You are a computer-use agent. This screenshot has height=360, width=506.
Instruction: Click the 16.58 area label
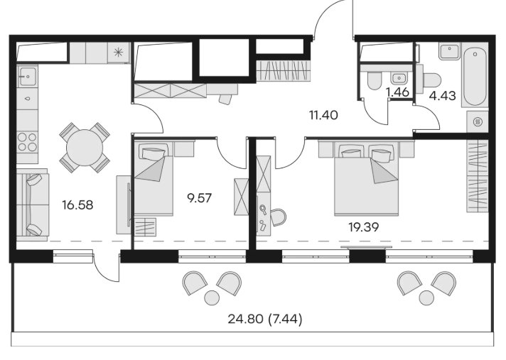[x=77, y=205]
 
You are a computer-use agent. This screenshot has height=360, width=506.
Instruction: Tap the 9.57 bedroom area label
[x=200, y=198]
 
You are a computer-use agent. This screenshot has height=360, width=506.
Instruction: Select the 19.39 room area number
[x=363, y=227]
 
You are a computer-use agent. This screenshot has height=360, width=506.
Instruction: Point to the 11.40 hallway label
[x=323, y=115]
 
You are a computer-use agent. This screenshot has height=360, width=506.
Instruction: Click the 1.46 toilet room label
[x=397, y=92]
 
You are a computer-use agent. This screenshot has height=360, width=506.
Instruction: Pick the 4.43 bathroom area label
[x=443, y=96]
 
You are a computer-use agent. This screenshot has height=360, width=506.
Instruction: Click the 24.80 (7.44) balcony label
[x=265, y=320]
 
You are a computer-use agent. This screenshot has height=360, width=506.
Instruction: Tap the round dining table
[x=85, y=148]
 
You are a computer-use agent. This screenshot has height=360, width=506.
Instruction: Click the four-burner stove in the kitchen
[x=28, y=142]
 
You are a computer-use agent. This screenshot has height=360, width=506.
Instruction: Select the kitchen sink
[x=28, y=76]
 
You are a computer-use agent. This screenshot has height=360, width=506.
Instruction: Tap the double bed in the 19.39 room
[x=367, y=179]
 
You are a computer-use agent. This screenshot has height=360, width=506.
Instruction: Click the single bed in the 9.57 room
[x=154, y=179]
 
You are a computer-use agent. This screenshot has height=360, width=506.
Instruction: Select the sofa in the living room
[x=32, y=205]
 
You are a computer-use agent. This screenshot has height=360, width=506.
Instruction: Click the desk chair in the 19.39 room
[x=278, y=217]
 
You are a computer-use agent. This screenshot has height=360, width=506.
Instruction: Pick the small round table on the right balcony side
[x=426, y=298]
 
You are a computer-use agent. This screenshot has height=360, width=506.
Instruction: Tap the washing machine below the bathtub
[x=478, y=122]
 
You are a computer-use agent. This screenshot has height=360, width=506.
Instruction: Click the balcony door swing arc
[x=105, y=271]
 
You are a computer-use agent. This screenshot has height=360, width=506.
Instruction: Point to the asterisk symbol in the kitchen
[x=119, y=52]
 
